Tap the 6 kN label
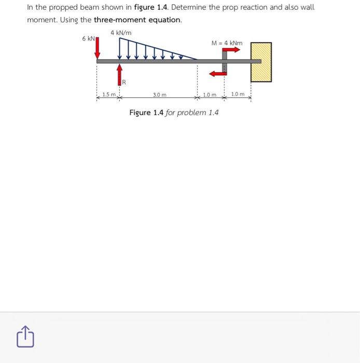click(88, 39)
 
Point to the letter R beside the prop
click(124, 82)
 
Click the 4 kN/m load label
click(121, 33)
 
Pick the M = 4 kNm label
click(227, 43)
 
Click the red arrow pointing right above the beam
click(232, 50)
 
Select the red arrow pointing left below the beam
click(216, 73)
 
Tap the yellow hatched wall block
click(261, 62)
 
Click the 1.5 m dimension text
click(108, 94)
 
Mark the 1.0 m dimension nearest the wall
click(238, 94)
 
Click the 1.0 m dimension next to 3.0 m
click(210, 95)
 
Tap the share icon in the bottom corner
click(26, 337)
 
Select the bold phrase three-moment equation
click(137, 20)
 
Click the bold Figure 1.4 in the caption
click(146, 113)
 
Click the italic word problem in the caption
click(192, 113)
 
